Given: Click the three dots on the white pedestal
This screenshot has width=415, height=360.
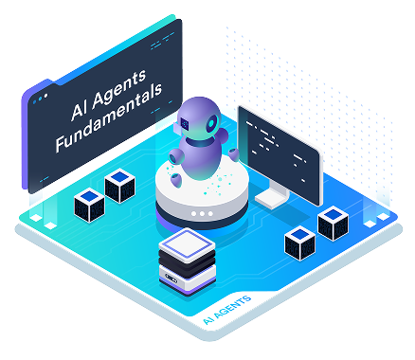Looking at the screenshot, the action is point(200,214).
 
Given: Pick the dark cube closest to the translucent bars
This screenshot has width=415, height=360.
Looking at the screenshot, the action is point(332,223).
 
